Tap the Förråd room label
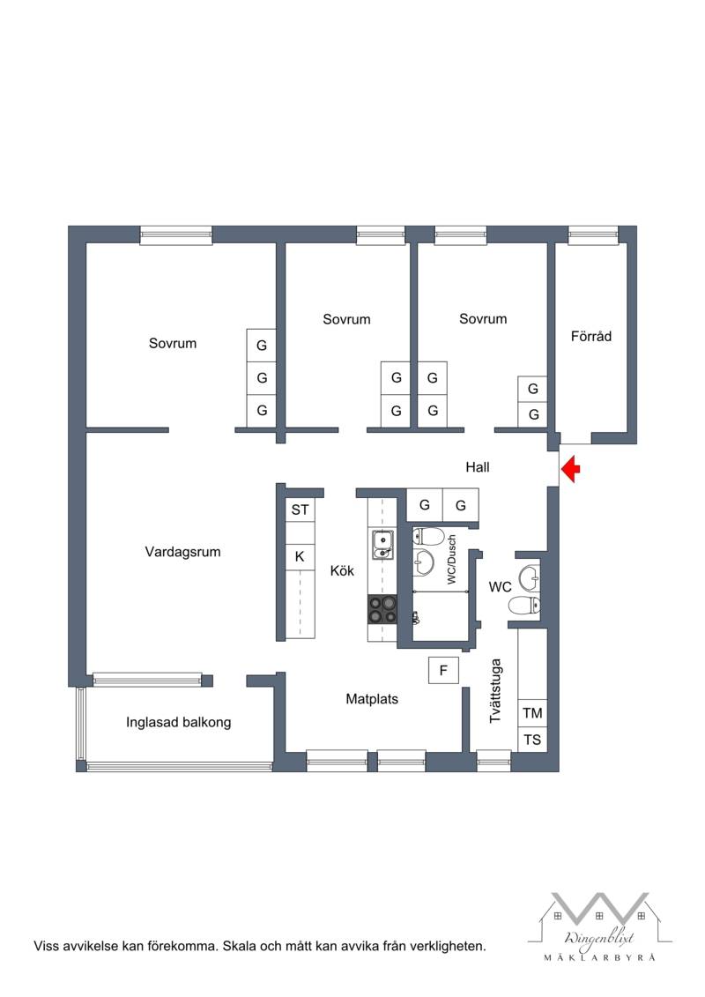pyautogui.click(x=590, y=337)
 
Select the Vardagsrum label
pyautogui.click(x=182, y=552)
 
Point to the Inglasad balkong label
pyautogui.click(x=178, y=722)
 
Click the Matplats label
pyautogui.click(x=372, y=699)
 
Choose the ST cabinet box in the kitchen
pyautogui.click(x=300, y=510)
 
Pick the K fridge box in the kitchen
pyautogui.click(x=300, y=557)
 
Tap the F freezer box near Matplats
pyautogui.click(x=444, y=670)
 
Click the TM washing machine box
pyautogui.click(x=533, y=713)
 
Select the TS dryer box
pyautogui.click(x=533, y=740)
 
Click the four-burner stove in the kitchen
pyautogui.click(x=382, y=609)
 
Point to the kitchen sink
pyautogui.click(x=382, y=545)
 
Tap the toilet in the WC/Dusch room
pyautogui.click(x=427, y=537)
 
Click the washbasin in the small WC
pyautogui.click(x=530, y=579)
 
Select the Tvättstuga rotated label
pyautogui.click(x=496, y=690)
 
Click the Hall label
pyautogui.click(x=478, y=467)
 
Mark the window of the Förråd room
pyautogui.click(x=593, y=235)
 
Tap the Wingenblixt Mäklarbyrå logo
pyautogui.click(x=599, y=926)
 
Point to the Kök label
pyautogui.click(x=342, y=571)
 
